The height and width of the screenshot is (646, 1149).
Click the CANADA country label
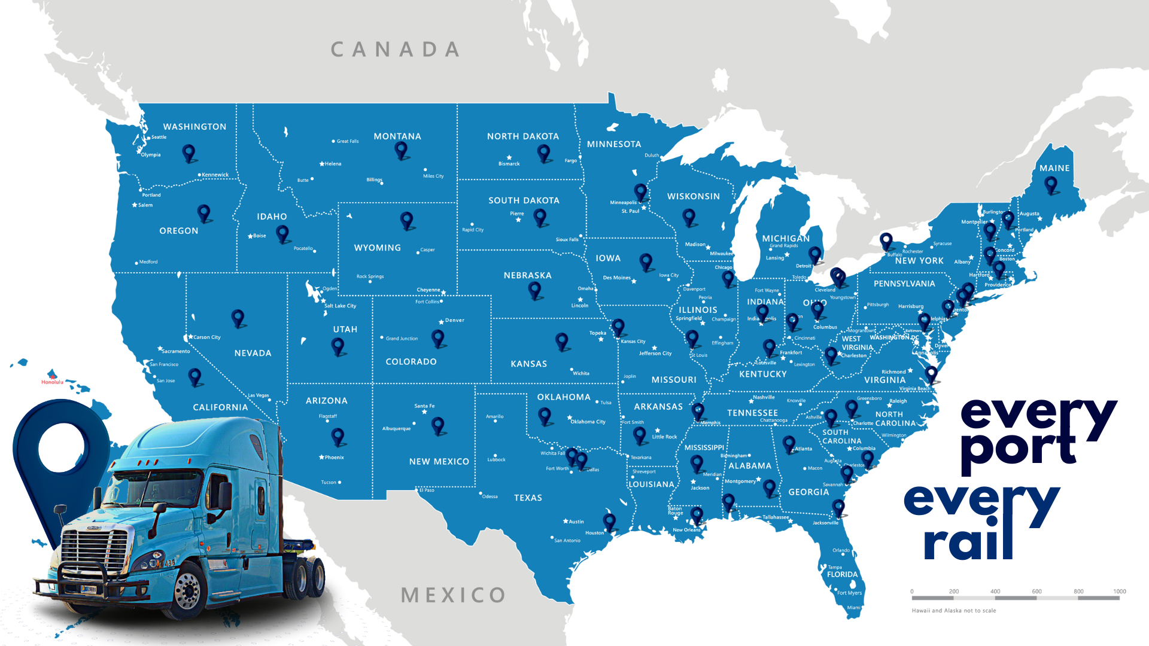point(395,50)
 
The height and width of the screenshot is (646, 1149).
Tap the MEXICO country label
point(453,595)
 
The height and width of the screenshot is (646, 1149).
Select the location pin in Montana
point(401,150)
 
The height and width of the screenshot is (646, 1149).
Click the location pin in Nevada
point(238,318)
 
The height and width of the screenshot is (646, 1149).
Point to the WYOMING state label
point(377,248)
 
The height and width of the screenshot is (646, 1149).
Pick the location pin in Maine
point(1051,184)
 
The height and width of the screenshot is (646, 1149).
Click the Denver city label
point(454,320)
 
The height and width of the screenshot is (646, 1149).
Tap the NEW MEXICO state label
point(439,461)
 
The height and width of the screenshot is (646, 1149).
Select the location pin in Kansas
point(561,341)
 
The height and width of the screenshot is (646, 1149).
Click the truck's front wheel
point(189,592)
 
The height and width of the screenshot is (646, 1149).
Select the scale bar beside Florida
point(1016,597)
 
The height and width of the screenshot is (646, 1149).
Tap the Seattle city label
point(159,137)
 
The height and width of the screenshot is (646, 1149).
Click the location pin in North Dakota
point(544,153)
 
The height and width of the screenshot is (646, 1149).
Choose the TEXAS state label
point(528,498)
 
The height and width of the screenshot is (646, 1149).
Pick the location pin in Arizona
point(338,437)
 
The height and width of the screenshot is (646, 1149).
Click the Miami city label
point(853,607)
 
